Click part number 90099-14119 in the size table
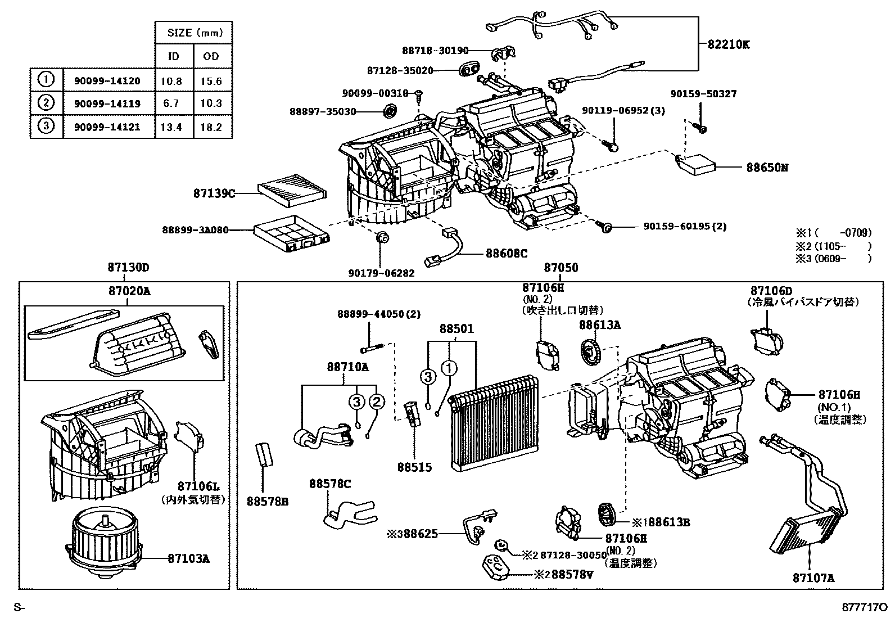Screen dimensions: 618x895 point(107,103)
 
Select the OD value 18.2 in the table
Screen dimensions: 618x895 point(211,127)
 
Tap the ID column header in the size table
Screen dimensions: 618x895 point(174,56)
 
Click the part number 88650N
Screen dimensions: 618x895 point(767,167)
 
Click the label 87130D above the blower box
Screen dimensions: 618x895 point(128,268)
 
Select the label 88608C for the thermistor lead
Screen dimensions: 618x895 point(507,254)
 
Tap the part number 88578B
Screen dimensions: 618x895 point(267,500)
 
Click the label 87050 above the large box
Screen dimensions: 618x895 point(560,268)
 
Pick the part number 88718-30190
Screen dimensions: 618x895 point(435,51)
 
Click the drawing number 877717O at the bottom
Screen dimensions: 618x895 point(864,607)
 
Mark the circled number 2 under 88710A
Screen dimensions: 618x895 point(376,402)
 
